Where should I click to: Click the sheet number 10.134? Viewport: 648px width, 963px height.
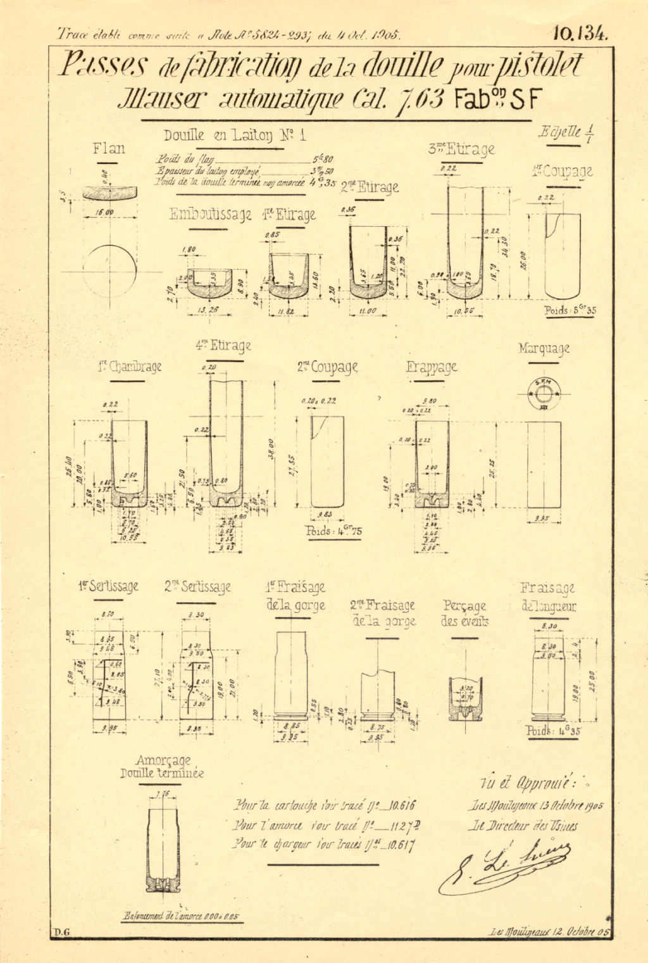580,33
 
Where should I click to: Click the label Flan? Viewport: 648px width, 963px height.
109,149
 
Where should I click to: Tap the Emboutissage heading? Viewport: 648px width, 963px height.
210,215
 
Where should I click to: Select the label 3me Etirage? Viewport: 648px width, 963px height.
461,149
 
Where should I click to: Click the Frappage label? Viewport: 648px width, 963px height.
432,367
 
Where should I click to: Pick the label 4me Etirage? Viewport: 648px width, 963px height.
223,346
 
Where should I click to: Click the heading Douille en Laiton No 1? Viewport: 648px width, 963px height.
235,135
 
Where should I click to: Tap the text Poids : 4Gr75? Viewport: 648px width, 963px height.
333,531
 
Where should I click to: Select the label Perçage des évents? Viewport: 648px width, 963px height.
464,613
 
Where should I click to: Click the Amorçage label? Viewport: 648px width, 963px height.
163,760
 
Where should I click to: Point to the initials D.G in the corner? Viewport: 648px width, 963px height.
61,931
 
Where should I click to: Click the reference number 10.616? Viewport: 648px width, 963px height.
402,806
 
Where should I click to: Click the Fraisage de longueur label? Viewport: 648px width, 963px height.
548,596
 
